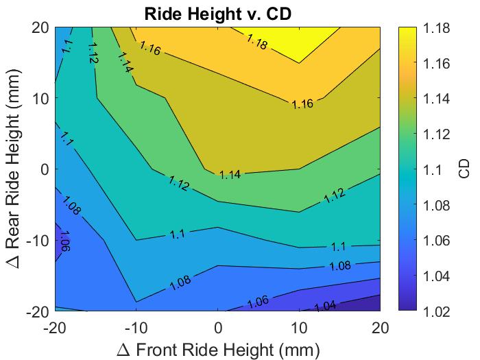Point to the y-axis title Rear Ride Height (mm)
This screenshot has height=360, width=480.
[x=16, y=169]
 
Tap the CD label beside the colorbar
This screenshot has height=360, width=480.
[x=464, y=169]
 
